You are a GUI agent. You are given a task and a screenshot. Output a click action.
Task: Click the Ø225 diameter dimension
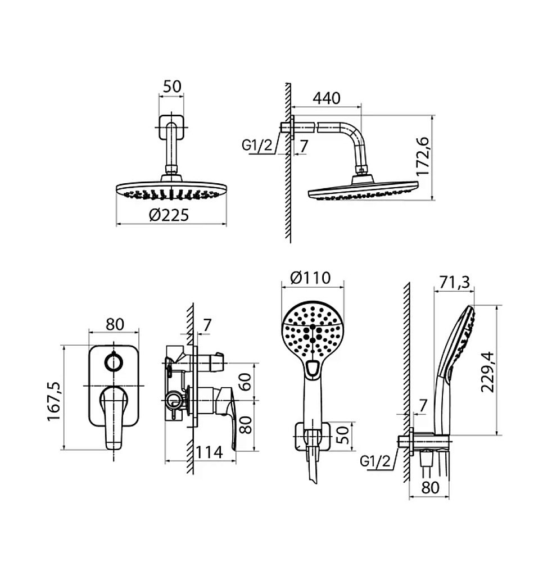click(x=169, y=215)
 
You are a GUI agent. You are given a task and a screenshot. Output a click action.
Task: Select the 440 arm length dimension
click(x=327, y=98)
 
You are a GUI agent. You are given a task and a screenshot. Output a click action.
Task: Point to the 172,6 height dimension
click(x=423, y=157)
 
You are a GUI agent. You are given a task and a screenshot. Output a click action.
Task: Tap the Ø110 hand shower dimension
click(x=310, y=278)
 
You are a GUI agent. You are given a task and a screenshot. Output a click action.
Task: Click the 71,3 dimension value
click(x=455, y=283)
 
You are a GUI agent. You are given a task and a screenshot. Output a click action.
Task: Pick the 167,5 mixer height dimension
click(x=54, y=401)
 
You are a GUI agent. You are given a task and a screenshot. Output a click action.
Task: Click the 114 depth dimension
click(x=209, y=452)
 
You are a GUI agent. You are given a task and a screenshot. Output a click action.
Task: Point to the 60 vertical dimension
click(x=246, y=382)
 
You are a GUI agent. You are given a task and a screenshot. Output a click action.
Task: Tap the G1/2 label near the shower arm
click(x=257, y=146)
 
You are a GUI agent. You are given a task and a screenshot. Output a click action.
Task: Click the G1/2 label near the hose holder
click(x=375, y=461)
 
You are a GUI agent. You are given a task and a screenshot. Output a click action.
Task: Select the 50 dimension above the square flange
click(x=173, y=87)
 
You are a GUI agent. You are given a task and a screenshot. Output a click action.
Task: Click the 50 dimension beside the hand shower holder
click(x=343, y=435)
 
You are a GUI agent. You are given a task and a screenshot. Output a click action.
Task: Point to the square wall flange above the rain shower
click(x=171, y=127)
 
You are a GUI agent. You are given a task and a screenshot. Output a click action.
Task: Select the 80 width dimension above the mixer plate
click(x=115, y=324)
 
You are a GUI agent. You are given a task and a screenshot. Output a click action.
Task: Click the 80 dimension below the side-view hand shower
click(x=430, y=487)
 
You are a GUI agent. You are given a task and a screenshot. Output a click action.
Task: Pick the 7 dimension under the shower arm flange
click(x=304, y=146)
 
